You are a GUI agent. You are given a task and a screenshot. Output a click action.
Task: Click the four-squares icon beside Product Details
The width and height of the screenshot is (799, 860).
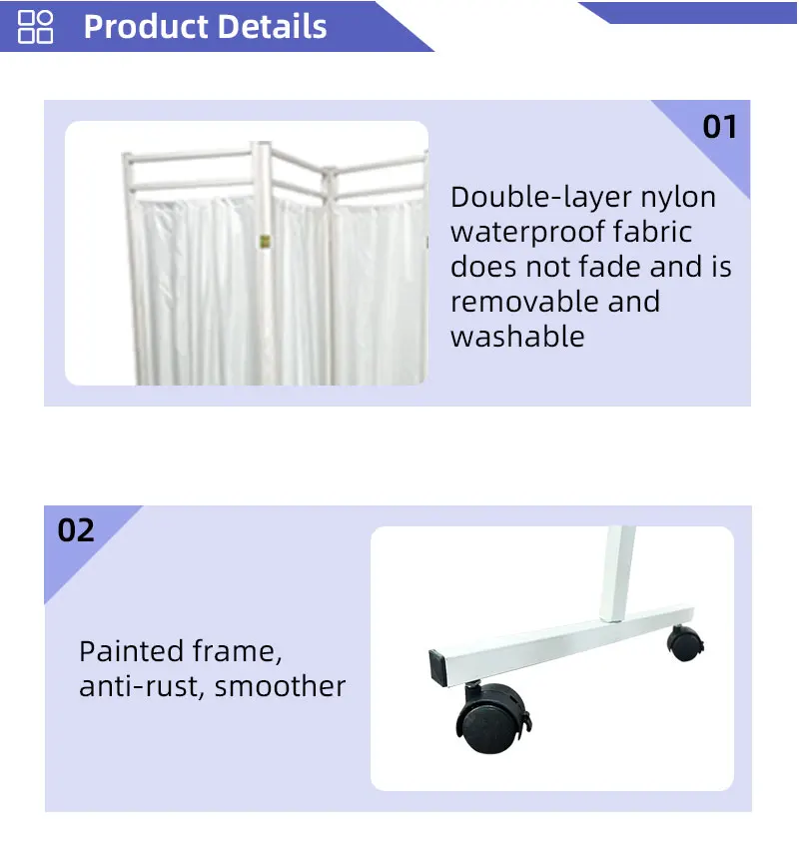pyautogui.click(x=36, y=27)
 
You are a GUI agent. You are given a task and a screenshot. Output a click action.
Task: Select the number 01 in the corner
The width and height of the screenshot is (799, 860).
pyautogui.click(x=719, y=128)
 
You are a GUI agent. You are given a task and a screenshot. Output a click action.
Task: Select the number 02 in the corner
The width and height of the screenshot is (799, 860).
pyautogui.click(x=76, y=530)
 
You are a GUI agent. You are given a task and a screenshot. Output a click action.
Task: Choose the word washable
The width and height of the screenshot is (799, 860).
pyautogui.click(x=517, y=337)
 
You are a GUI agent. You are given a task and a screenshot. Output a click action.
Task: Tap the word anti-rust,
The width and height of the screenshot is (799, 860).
pyautogui.click(x=142, y=687)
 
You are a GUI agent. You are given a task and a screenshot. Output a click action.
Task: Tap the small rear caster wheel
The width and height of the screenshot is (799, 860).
pyautogui.click(x=684, y=643)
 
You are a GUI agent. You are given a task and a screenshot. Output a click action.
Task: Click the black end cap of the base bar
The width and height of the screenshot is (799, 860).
pyautogui.click(x=439, y=663)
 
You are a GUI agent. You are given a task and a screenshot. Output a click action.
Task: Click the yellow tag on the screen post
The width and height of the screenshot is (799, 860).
pyautogui.click(x=265, y=241)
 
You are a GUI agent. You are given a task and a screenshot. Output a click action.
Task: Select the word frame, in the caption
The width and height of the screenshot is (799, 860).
pyautogui.click(x=245, y=652)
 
